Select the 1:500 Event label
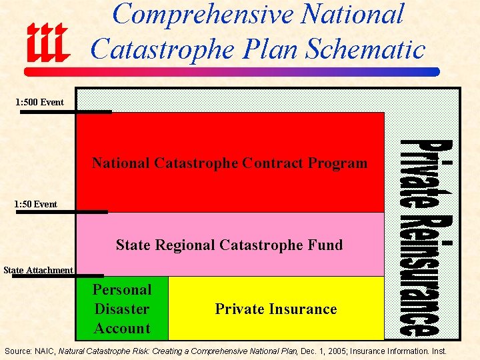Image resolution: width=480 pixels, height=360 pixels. pos(40,102)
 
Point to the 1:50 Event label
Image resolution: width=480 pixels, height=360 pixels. pos(37,203)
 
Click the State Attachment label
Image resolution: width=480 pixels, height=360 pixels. pos(38,270)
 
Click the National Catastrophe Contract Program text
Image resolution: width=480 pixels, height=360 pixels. pos(229,163)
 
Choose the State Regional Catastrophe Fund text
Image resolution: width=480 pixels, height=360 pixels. pos(229,245)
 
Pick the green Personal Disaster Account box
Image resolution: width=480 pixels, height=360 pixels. pos(122,309)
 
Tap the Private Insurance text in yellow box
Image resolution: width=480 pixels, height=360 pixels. pos(275,309)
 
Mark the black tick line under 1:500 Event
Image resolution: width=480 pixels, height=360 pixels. pos(65,112)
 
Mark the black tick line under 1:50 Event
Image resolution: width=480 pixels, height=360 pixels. pos(64,212)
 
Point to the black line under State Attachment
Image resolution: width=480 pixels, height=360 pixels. pos(58,275)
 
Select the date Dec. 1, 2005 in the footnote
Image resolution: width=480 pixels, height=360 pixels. pos(322,351)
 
